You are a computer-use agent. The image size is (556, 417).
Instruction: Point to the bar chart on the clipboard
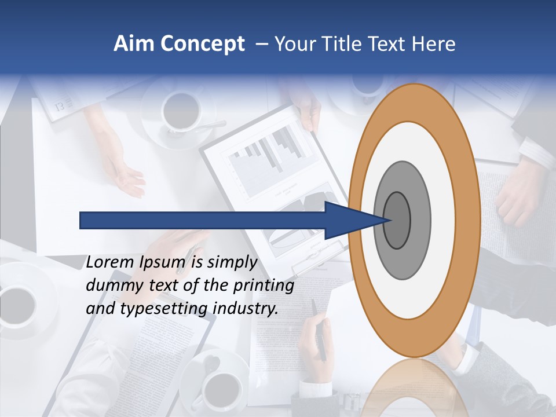coord(266,153)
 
